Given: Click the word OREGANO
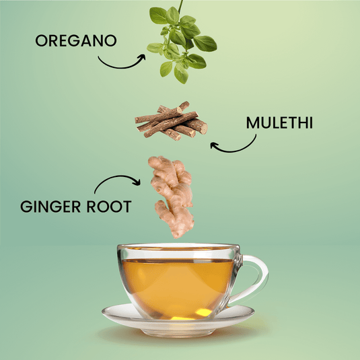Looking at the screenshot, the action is tap(76, 40).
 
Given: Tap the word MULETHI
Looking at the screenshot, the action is tap(279, 123).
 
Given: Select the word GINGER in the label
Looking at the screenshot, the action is tap(50, 206).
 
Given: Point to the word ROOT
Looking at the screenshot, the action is tap(109, 206).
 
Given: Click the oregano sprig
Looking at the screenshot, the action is tap(182, 44).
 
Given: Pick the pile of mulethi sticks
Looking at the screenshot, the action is tap(171, 121).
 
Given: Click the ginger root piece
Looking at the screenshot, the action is tap(172, 196).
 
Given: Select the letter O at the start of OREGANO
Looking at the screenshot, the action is tap(41, 41).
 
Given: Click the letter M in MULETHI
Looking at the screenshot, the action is tap(252, 123).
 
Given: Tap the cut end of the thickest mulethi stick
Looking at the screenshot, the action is tap(204, 128).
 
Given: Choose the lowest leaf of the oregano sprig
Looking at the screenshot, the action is tap(181, 74).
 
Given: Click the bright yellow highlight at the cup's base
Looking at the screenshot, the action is tap(203, 312).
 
